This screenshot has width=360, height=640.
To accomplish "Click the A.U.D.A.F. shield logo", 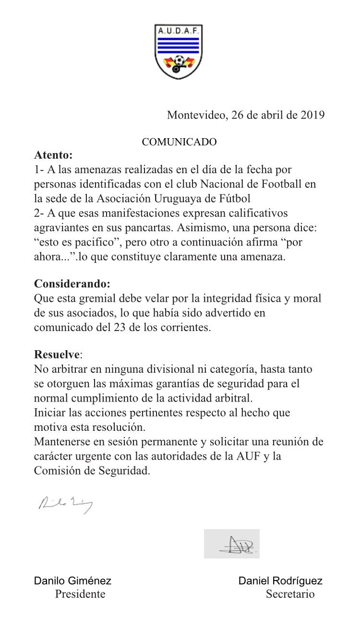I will (x=179, y=52).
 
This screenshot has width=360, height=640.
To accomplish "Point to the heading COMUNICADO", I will (x=179, y=142).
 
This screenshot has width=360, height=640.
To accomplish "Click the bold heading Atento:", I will (x=53, y=155).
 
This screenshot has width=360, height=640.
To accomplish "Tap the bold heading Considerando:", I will (x=68, y=284).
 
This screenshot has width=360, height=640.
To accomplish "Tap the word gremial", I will (x=98, y=298).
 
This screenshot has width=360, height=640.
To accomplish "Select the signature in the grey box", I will (x=231, y=544).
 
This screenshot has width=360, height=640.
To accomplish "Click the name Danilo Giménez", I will (x=72, y=581).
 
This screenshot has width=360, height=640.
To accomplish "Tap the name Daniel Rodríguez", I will (x=280, y=581).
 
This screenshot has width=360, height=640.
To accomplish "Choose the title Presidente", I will (x=80, y=594).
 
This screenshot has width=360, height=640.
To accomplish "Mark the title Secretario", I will (x=290, y=594).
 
